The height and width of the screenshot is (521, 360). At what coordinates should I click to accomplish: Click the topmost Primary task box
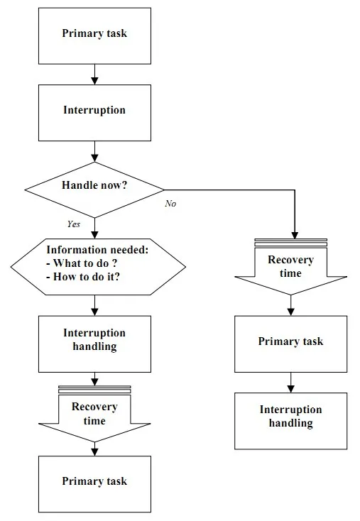(94, 36)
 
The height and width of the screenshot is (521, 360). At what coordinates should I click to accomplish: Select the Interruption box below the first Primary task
(94, 113)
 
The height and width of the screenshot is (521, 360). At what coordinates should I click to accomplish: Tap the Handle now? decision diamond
(94, 190)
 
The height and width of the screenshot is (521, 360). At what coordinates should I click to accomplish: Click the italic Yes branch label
(73, 224)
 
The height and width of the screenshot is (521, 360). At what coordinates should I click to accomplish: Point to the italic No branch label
(170, 203)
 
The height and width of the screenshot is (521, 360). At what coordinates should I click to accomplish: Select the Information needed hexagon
(98, 266)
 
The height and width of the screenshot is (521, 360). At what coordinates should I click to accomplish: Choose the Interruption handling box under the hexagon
(94, 344)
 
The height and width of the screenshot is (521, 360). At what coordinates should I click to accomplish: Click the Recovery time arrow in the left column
(94, 414)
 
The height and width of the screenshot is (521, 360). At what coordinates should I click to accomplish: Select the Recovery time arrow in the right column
(291, 266)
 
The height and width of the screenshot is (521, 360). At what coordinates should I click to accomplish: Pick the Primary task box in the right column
(291, 344)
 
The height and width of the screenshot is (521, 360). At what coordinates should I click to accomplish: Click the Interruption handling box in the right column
(291, 421)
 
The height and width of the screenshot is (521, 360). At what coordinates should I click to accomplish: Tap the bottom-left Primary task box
(94, 484)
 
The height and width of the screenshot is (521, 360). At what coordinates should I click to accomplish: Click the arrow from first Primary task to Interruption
(94, 75)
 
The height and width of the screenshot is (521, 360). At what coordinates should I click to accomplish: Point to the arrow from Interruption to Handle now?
(94, 151)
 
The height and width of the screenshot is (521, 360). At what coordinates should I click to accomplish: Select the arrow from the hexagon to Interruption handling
(94, 305)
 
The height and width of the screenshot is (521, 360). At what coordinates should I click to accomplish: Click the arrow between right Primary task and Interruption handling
(291, 383)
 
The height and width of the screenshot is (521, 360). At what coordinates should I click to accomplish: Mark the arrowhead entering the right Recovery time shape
(295, 235)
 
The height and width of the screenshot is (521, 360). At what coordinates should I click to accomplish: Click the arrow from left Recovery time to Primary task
(94, 449)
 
